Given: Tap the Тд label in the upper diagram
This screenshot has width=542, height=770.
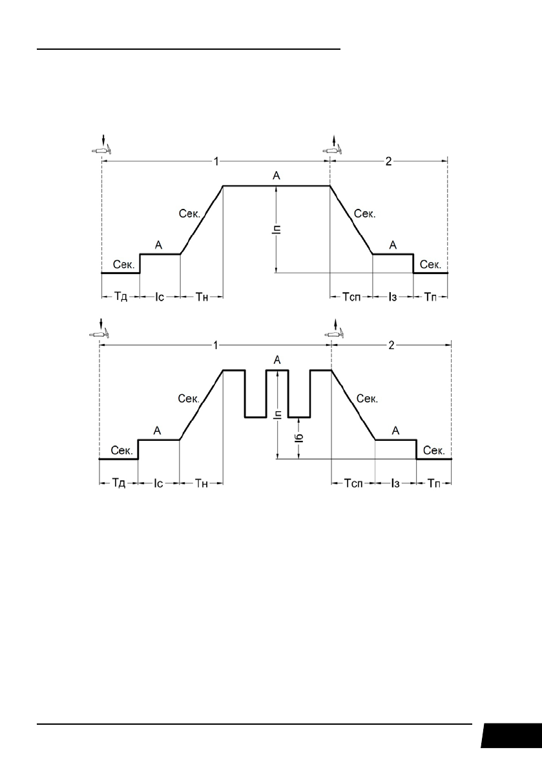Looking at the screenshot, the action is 121,297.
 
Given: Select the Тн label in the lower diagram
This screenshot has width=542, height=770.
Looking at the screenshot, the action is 202,484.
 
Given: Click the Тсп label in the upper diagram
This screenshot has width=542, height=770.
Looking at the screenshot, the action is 351,297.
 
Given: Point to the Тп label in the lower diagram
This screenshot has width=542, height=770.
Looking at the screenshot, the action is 433,484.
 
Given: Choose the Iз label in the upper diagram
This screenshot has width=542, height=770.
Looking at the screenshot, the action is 392,297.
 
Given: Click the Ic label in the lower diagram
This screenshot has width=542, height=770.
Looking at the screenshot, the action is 158,484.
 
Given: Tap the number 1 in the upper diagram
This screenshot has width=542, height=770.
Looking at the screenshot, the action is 216,161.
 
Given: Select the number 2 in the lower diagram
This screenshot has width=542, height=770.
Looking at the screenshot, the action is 391,346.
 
